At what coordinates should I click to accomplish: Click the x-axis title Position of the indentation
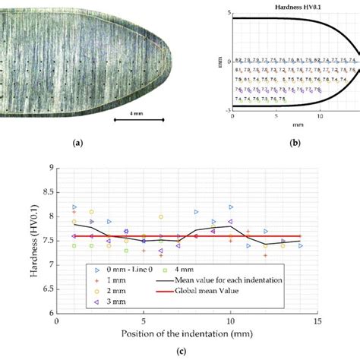pyautogui.click(x=186, y=332)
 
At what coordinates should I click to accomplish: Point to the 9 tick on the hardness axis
pyautogui.click(x=50, y=168)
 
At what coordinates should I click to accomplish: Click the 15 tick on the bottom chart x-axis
pyautogui.click(x=315, y=321)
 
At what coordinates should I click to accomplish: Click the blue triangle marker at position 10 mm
pyautogui.click(x=231, y=207)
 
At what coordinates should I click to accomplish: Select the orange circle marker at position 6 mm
pyautogui.click(x=161, y=216)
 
